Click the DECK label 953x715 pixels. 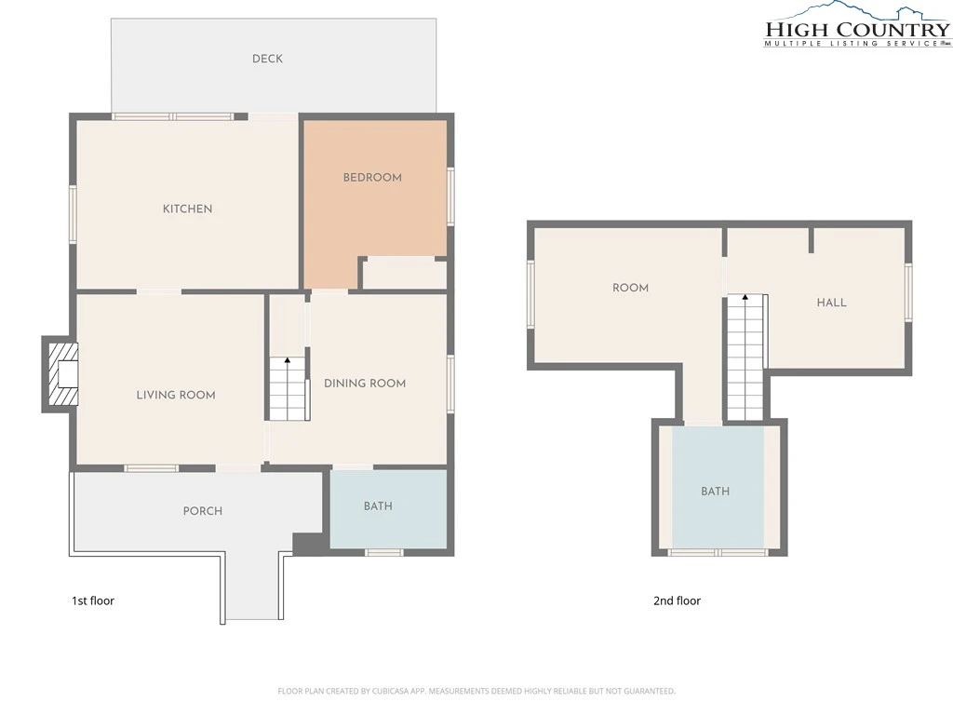pyautogui.click(x=267, y=59)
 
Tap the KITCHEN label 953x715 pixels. pyautogui.click(x=187, y=209)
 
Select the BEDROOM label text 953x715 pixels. pyautogui.click(x=372, y=178)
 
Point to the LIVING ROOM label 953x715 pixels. pyautogui.click(x=176, y=395)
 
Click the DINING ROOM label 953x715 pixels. pyautogui.click(x=365, y=383)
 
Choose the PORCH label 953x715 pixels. pyautogui.click(x=202, y=511)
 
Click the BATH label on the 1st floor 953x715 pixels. pyautogui.click(x=378, y=506)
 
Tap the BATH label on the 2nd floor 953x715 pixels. pyautogui.click(x=715, y=492)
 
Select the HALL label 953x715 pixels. pyautogui.click(x=831, y=303)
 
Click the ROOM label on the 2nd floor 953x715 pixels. pyautogui.click(x=630, y=288)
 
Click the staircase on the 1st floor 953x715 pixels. pyautogui.click(x=288, y=388)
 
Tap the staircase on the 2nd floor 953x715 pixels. pyautogui.click(x=745, y=357)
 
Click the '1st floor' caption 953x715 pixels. pyautogui.click(x=93, y=600)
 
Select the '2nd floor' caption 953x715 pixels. pyautogui.click(x=678, y=600)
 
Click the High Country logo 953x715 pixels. pyautogui.click(x=857, y=25)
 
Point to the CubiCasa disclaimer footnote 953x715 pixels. pyautogui.click(x=476, y=691)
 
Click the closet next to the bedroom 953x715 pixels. pyautogui.click(x=404, y=274)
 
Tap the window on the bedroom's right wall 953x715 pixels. pyautogui.click(x=451, y=196)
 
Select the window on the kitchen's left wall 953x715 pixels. pyautogui.click(x=73, y=214)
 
